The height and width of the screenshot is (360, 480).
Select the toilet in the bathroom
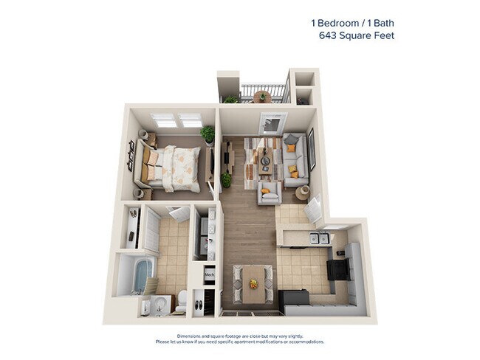tap(182, 300)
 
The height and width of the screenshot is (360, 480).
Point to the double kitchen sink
tap(318, 238)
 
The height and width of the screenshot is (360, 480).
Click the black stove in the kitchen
tap(339, 269)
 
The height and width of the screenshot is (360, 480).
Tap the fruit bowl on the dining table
tap(253, 284)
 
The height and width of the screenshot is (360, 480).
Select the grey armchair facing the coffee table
tap(268, 193)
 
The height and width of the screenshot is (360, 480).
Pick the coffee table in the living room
tap(264, 159)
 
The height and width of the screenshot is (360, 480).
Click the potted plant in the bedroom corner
tap(208, 134)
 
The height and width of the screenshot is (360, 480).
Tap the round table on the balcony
tap(261, 97)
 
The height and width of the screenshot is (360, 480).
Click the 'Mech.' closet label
tap(210, 271)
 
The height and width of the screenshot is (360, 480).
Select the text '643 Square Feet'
tap(356, 35)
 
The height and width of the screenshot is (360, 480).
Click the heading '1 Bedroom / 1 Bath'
tap(352, 22)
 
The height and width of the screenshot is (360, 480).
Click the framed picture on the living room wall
tap(312, 148)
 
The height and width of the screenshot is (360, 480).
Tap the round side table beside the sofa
tap(303, 193)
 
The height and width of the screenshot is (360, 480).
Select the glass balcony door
tap(272, 124)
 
